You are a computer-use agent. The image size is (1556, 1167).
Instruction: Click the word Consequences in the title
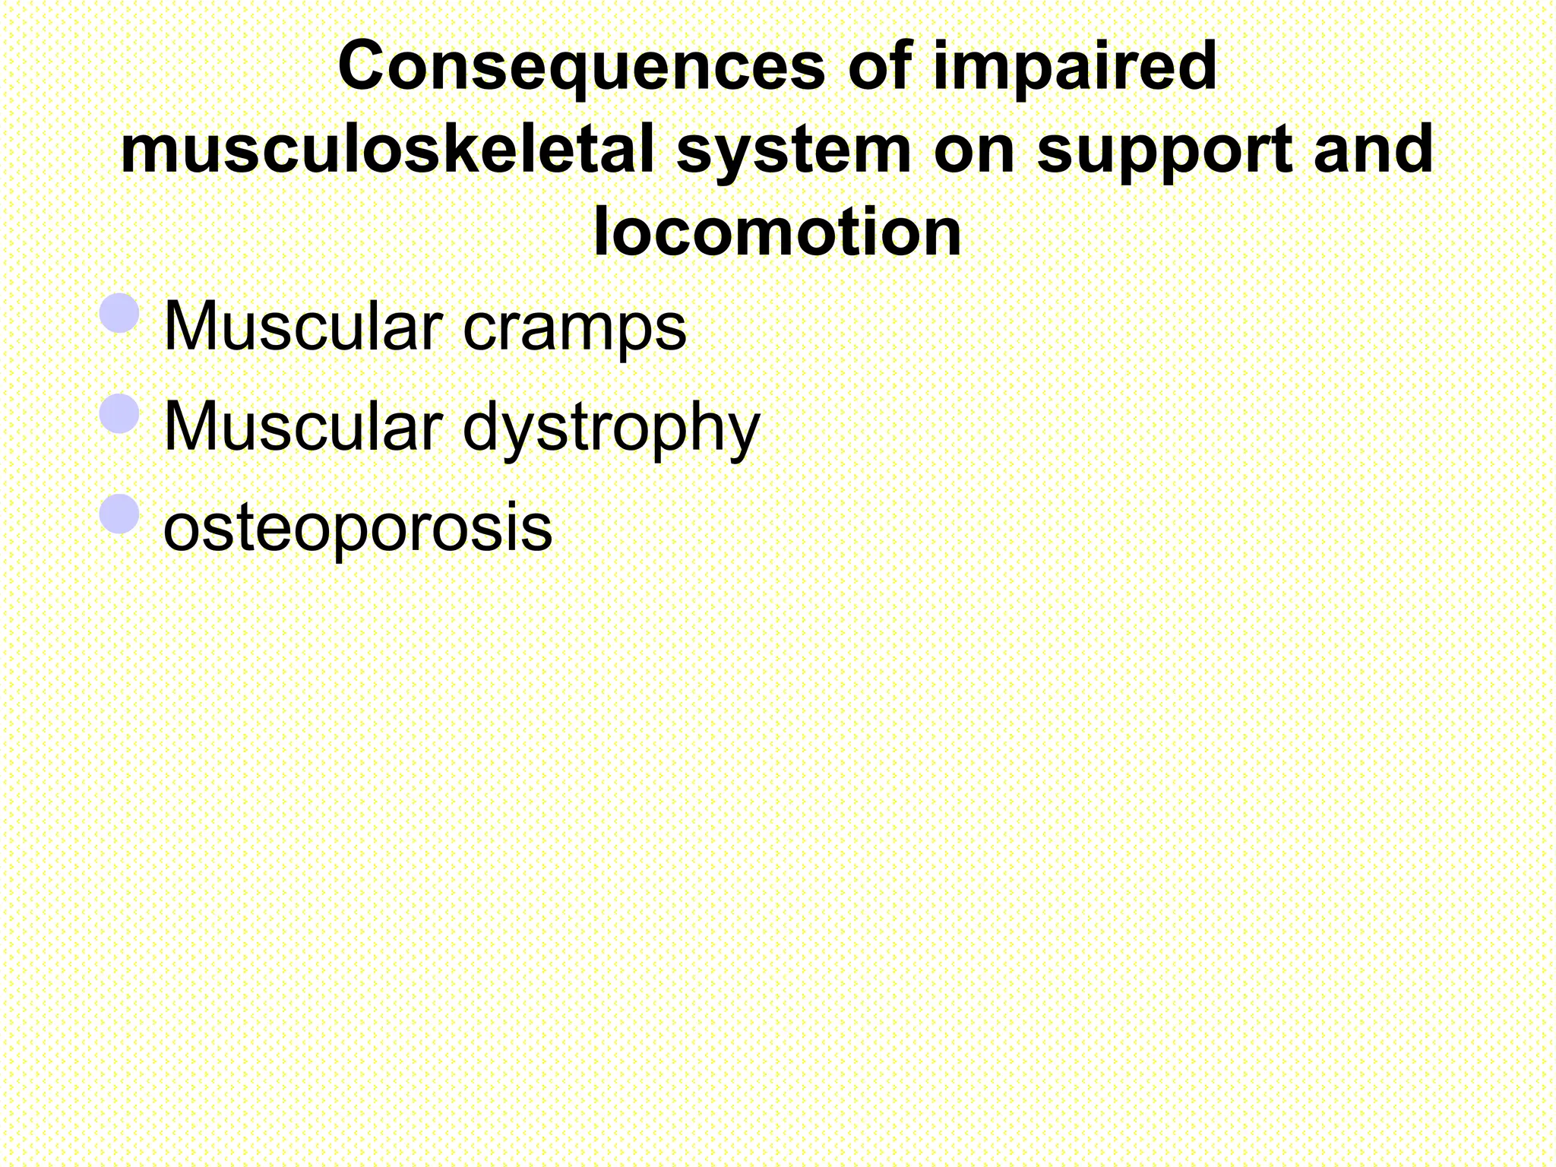coord(580,67)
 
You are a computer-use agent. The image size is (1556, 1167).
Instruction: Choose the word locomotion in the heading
coord(777,232)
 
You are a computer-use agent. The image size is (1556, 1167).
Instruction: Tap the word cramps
coord(574,328)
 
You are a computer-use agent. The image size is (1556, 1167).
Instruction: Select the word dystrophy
coord(611,429)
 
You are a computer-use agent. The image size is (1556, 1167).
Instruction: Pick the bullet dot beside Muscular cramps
coord(119,313)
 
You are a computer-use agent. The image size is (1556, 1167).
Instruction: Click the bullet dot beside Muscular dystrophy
coord(119,413)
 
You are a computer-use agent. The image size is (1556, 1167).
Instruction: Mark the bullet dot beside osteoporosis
coord(119,514)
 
